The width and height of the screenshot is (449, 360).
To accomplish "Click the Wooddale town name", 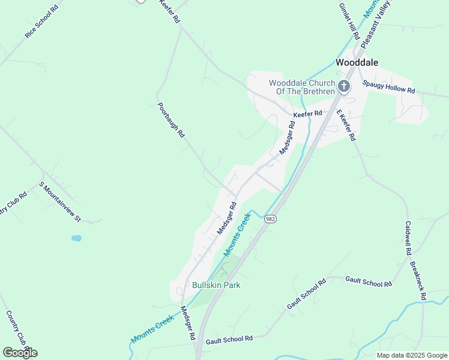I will click(x=357, y=62).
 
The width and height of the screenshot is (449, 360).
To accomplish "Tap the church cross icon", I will click(x=344, y=86).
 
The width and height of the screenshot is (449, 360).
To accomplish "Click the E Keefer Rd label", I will click(x=345, y=125).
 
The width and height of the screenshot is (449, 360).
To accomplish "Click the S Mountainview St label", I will click(x=60, y=202).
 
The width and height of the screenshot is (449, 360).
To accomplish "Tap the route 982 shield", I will click(x=270, y=220).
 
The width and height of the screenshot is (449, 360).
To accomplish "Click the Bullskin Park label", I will click(x=216, y=285).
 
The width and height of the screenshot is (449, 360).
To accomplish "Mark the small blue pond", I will click(x=76, y=238).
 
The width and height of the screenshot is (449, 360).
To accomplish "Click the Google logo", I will click(x=20, y=353).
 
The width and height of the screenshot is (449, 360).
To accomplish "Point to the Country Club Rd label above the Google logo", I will click(x=18, y=329).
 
